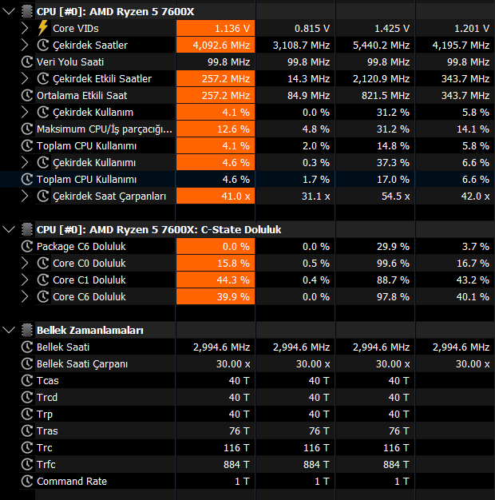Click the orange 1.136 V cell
pos(216,29)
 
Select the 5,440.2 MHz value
pos(381,46)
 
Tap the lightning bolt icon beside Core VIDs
pos(42,28)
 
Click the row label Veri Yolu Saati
pos(70,62)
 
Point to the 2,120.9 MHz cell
pos(381,79)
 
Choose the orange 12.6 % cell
pos(216,129)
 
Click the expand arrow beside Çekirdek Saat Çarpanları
pos(25,196)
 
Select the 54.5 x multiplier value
pos(395,196)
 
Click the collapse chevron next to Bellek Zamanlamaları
pos(9,330)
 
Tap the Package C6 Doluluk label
pos(81,247)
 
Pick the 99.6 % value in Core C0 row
pos(393,264)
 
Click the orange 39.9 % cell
pos(216,297)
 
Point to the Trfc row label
pos(46,464)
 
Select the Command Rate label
pos(72,481)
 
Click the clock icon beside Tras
pos(27,431)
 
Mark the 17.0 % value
pos(393,179)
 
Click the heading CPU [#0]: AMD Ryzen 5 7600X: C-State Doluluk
pos(159,229)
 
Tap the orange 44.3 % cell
pos(216,280)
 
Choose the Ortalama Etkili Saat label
pos(82,95)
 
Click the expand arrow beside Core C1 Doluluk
pos(25,280)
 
